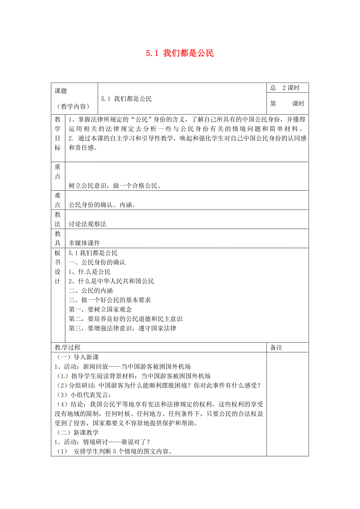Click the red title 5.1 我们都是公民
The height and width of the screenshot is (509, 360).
[x=180, y=53]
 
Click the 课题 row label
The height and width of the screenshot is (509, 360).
[x=61, y=91]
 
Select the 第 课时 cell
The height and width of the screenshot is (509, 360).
[x=287, y=104]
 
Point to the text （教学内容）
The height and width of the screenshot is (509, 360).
[x=74, y=106]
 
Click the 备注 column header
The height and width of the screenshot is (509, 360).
[x=276, y=348]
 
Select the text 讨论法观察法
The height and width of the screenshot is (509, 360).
[x=87, y=224]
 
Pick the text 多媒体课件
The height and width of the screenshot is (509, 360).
[x=84, y=243]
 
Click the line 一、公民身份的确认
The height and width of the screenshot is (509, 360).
[x=97, y=262]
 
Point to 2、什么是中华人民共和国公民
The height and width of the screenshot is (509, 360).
[x=111, y=281]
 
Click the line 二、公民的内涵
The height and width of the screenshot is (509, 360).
[x=90, y=290]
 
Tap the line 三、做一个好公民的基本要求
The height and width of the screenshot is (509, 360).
[x=110, y=300]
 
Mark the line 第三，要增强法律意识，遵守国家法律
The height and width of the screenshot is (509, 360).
[x=122, y=328]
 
